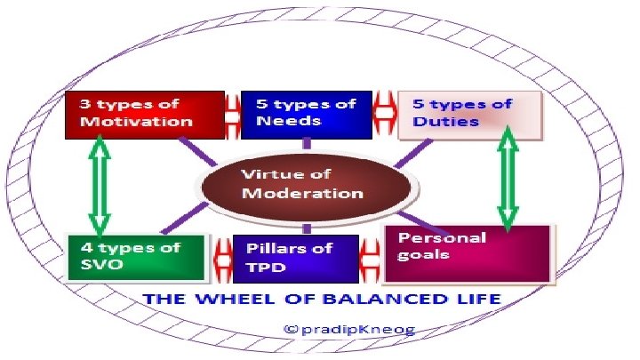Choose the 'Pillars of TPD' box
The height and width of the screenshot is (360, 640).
(x=294, y=258)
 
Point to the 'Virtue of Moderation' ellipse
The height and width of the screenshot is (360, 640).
(x=306, y=185)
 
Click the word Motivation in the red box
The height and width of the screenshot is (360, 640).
(x=136, y=122)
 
